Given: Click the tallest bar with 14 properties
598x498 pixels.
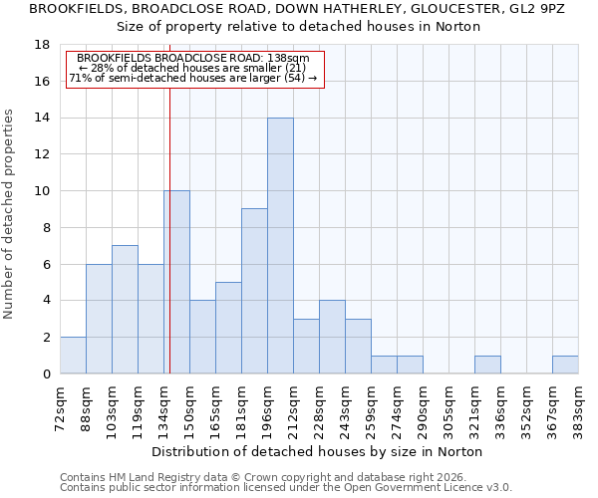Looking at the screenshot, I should (280, 246).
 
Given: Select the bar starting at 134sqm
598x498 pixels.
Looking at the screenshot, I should (176, 282).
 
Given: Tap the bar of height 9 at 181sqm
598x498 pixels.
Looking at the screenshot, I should (254, 291).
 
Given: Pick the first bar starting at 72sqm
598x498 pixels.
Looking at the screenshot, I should (73, 356).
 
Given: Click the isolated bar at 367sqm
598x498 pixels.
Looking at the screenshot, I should (565, 365).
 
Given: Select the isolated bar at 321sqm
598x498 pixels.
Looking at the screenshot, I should (487, 365).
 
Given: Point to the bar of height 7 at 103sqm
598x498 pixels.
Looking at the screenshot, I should (125, 310).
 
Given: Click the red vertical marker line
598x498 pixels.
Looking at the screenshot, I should (169, 249).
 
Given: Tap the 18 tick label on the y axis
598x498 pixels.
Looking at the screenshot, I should (42, 45).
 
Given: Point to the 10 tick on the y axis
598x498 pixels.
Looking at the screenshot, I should (42, 191).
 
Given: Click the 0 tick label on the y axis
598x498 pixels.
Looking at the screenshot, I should (46, 374).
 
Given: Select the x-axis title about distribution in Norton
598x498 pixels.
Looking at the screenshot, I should (319, 451).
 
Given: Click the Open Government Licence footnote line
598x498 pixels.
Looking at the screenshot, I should (286, 487).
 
